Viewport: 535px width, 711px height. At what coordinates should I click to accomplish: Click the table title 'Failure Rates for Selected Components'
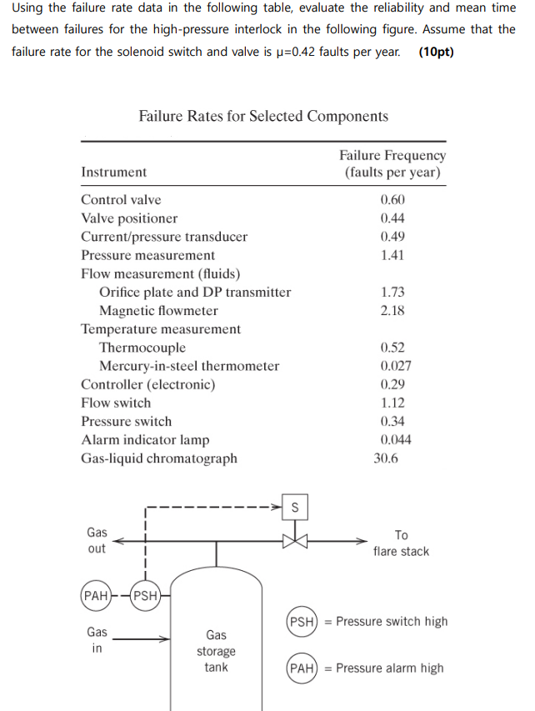pyautogui.click(x=263, y=116)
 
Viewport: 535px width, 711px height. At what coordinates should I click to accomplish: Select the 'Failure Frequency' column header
pyautogui.click(x=392, y=156)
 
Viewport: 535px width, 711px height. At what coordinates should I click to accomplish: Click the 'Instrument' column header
pyautogui.click(x=113, y=172)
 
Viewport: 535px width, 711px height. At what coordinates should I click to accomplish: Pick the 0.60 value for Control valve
pyautogui.click(x=392, y=199)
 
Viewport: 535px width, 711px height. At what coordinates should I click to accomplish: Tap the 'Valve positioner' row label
pyautogui.click(x=129, y=218)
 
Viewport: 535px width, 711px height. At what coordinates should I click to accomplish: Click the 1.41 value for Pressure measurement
pyautogui.click(x=392, y=255)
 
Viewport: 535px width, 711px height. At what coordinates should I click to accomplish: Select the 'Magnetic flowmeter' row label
pyautogui.click(x=158, y=311)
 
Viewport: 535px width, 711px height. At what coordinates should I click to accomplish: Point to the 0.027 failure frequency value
pyautogui.click(x=395, y=366)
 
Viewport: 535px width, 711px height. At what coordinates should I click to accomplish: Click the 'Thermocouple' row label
pyautogui.click(x=142, y=348)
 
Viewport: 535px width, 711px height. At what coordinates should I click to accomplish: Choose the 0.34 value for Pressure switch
pyautogui.click(x=392, y=421)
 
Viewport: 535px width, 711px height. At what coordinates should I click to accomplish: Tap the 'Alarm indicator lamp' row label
pyautogui.click(x=145, y=439)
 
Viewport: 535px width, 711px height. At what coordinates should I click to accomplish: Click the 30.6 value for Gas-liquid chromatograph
pyautogui.click(x=387, y=458)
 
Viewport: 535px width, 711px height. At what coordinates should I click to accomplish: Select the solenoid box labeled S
pyautogui.click(x=294, y=506)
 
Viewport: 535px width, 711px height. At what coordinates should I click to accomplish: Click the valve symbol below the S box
pyautogui.click(x=294, y=540)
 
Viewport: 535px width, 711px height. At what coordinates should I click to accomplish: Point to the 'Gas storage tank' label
pyautogui.click(x=216, y=651)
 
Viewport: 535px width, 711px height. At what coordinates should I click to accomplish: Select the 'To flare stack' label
pyautogui.click(x=401, y=543)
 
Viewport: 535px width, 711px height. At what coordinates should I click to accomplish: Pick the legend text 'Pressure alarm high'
pyautogui.click(x=390, y=668)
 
